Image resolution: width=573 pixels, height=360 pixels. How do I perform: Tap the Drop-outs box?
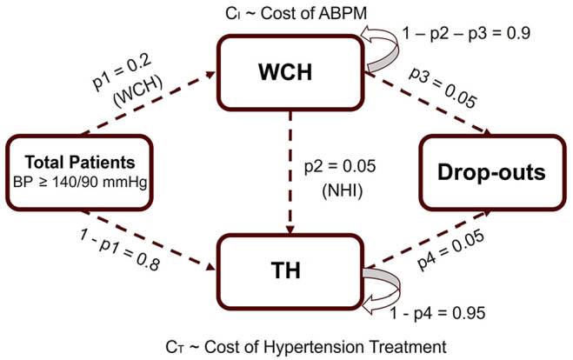click(483, 171)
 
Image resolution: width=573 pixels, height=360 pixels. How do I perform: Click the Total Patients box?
click(75, 170)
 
